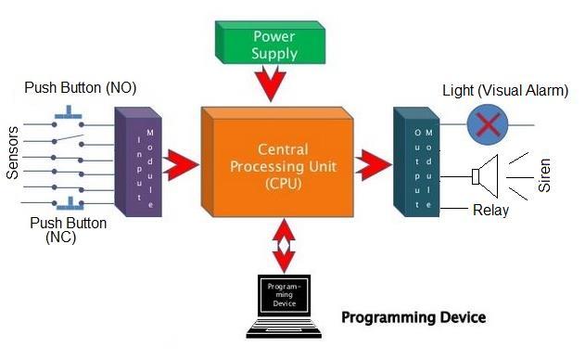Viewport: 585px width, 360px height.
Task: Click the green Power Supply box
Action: click(x=274, y=45)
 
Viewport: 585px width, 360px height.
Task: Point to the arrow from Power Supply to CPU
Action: click(x=275, y=86)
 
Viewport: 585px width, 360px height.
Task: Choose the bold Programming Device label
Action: click(x=413, y=317)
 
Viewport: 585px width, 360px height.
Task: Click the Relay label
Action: click(x=491, y=211)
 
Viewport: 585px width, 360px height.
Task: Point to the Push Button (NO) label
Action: click(x=82, y=89)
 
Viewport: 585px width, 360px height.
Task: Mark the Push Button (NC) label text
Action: click(x=68, y=230)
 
